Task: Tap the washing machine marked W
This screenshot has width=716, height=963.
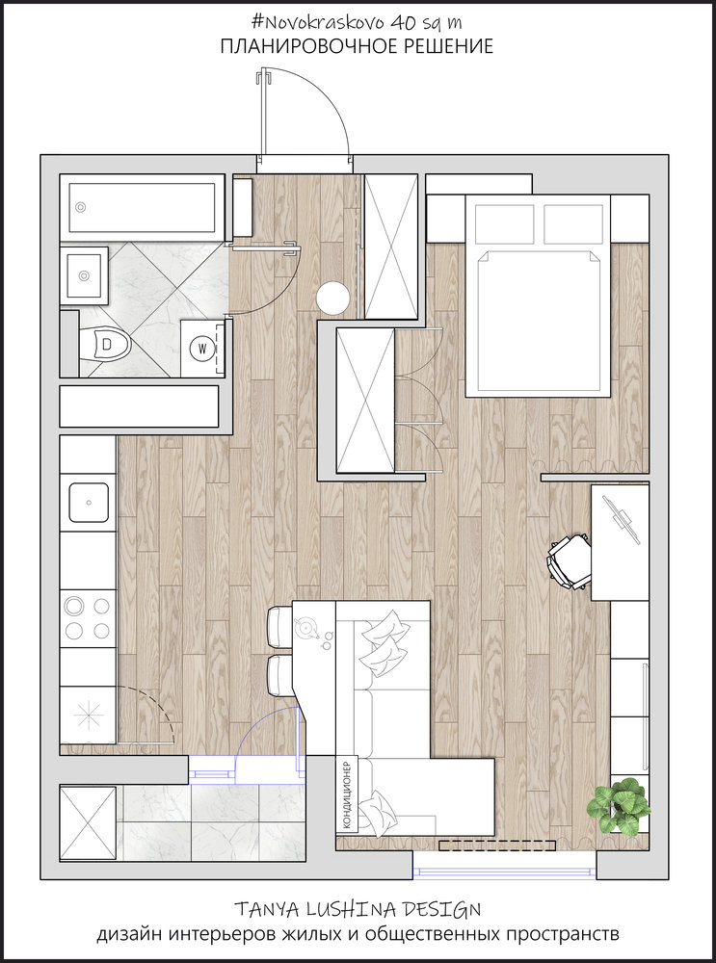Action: tap(202, 349)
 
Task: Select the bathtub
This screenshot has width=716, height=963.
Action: tap(142, 208)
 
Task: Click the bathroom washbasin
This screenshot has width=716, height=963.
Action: tap(84, 275)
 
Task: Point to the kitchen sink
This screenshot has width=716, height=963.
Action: tap(89, 503)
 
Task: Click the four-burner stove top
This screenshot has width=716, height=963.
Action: tap(88, 618)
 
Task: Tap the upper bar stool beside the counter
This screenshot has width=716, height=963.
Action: tap(280, 627)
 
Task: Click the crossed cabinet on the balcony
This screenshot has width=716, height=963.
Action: tap(88, 823)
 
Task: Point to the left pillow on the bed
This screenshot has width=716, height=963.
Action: tap(505, 224)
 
